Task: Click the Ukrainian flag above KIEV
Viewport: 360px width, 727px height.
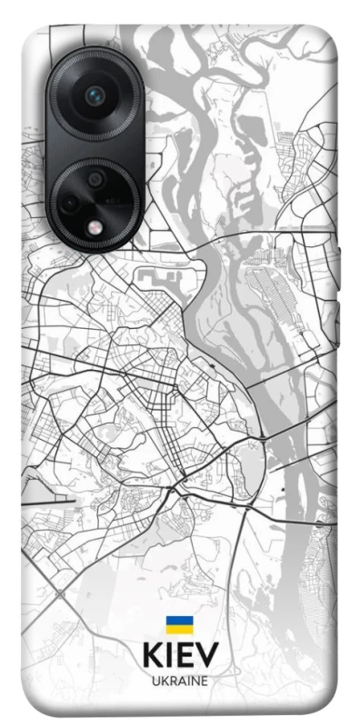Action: point(178,625)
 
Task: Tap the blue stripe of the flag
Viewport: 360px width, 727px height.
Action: point(178,621)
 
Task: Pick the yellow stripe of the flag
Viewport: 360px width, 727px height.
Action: point(178,630)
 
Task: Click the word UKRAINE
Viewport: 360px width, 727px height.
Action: point(179,680)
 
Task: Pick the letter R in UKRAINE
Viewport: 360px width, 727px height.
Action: point(171,680)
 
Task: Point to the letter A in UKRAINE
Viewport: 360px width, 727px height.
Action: point(180,680)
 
